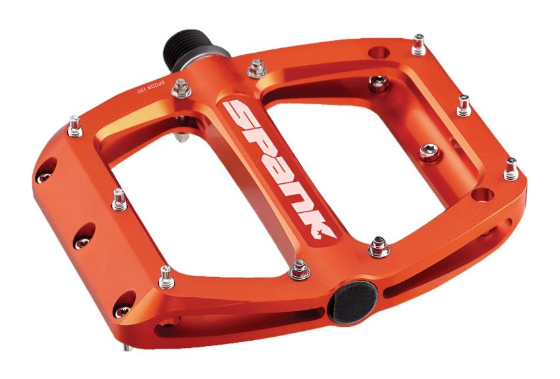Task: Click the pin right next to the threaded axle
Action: [255, 67]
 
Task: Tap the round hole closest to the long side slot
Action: [483, 194]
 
